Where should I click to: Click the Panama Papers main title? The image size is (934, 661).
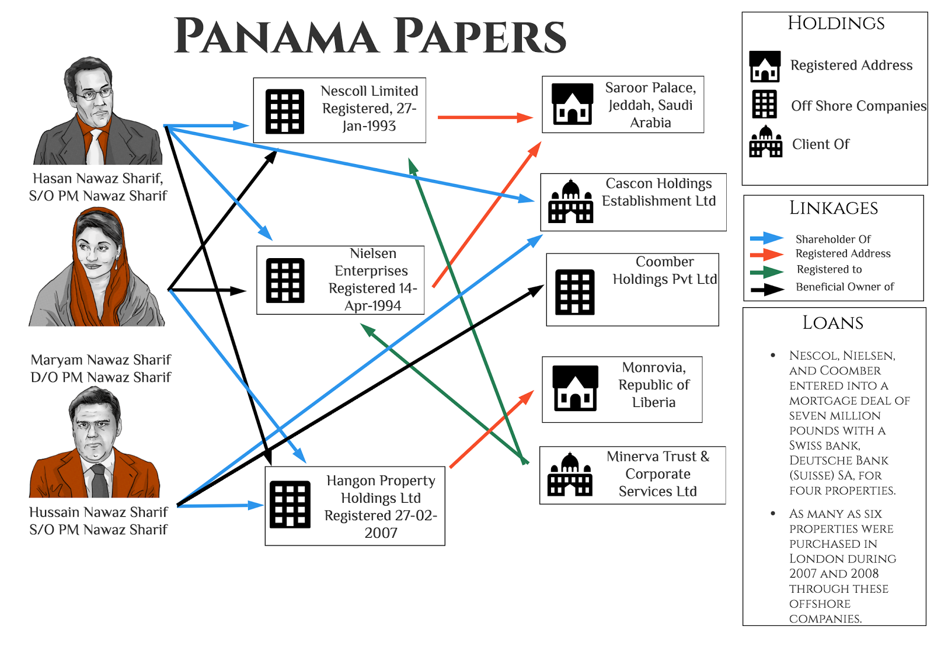(370, 36)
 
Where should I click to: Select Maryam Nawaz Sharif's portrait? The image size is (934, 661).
(97, 267)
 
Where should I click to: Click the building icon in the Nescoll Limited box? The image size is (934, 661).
(285, 112)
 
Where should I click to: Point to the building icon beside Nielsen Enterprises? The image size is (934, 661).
(285, 281)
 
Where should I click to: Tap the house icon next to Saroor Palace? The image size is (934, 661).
(572, 105)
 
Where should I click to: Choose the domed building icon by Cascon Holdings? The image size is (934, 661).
(570, 202)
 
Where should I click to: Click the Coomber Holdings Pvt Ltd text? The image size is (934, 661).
(664, 270)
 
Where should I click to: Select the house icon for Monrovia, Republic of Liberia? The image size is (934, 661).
(575, 388)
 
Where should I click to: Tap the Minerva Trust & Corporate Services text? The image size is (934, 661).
(658, 474)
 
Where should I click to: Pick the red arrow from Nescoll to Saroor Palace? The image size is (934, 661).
(485, 117)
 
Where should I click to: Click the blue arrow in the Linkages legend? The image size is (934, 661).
(766, 238)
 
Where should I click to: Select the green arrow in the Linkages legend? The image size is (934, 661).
(766, 272)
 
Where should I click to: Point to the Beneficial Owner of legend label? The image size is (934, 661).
(845, 287)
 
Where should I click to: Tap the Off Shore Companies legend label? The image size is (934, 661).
(858, 106)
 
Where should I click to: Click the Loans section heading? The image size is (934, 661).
(832, 323)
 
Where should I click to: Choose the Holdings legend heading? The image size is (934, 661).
(835, 23)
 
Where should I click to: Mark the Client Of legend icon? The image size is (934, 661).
(765, 142)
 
